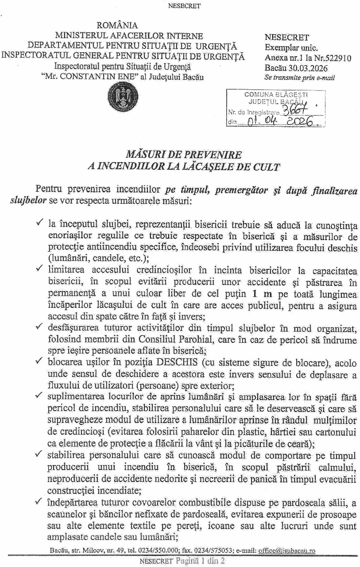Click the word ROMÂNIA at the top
(x=117, y=26)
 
